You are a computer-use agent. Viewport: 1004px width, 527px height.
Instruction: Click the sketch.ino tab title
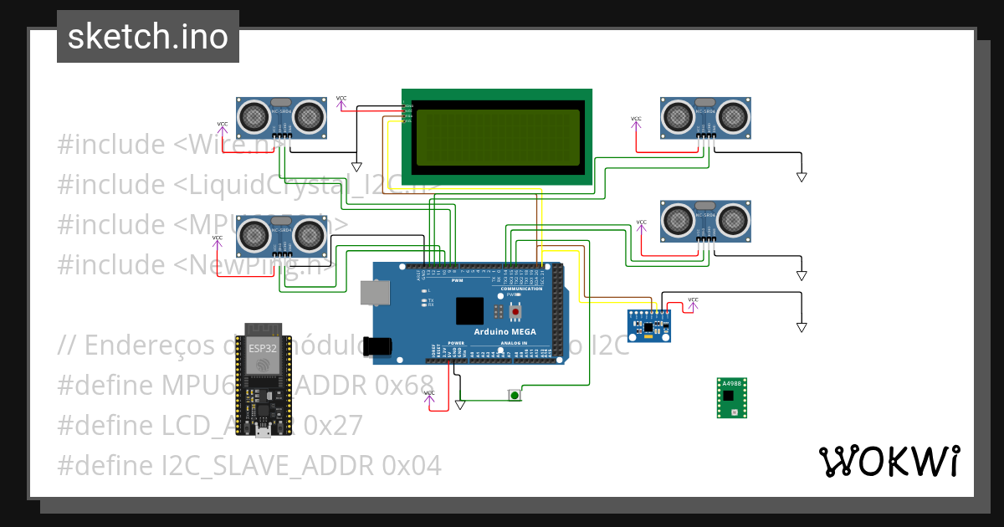[x=148, y=37]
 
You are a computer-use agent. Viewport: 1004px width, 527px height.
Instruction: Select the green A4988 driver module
[x=731, y=397]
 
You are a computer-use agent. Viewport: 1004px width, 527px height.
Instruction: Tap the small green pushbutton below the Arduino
[x=515, y=394]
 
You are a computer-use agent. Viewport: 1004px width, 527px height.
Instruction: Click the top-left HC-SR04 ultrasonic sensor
[x=280, y=116]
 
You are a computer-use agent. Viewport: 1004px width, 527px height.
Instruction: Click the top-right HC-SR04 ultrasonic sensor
[x=704, y=116]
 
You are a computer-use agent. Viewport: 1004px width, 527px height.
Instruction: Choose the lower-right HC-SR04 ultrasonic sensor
[x=704, y=221]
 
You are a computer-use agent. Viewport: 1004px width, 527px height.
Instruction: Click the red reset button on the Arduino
[x=515, y=311]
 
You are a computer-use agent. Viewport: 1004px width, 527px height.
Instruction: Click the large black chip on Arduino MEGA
[x=470, y=311]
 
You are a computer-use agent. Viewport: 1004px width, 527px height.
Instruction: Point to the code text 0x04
[x=411, y=465]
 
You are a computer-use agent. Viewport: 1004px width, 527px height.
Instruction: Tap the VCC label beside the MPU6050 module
[x=693, y=299]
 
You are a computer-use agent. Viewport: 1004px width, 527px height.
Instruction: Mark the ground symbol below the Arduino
[x=459, y=405]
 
